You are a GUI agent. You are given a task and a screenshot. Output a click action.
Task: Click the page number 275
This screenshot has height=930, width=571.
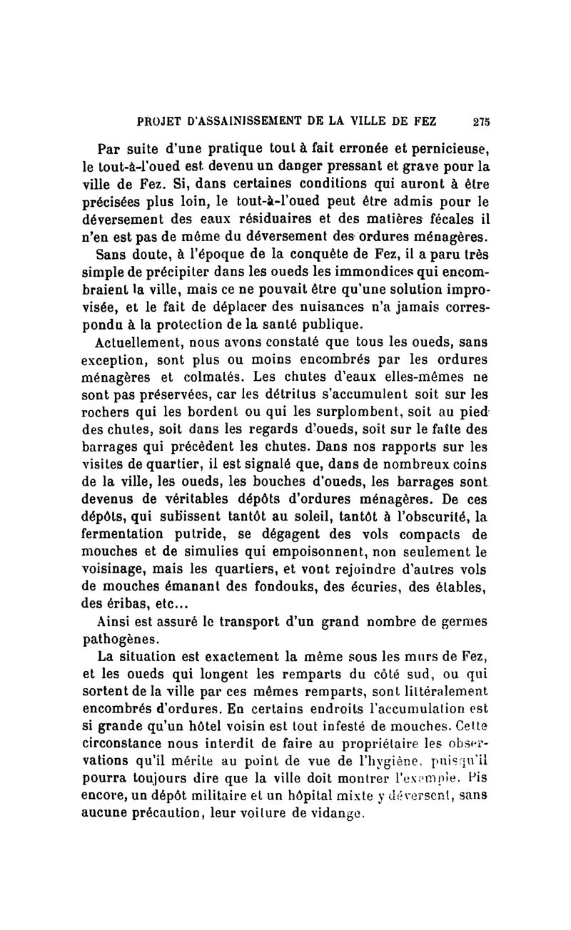[x=480, y=121]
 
